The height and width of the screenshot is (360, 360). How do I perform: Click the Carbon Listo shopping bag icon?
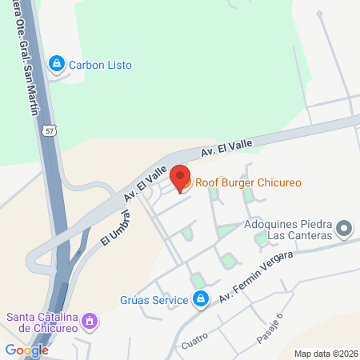[x=56, y=63]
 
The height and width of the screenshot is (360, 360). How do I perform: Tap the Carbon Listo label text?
[x=100, y=64]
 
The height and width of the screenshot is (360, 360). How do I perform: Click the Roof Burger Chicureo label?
[x=248, y=183]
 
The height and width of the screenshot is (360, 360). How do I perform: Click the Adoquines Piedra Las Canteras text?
[x=288, y=230]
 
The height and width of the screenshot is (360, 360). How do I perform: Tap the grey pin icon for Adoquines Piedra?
[x=345, y=230]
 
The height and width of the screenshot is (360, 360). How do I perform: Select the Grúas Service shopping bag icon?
[x=202, y=300]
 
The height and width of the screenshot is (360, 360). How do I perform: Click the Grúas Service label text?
[x=156, y=300]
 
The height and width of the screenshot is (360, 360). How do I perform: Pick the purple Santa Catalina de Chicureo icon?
[x=91, y=322]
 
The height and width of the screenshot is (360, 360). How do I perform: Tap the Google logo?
[x=26, y=350]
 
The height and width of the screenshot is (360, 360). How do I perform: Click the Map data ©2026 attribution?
[x=325, y=354]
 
